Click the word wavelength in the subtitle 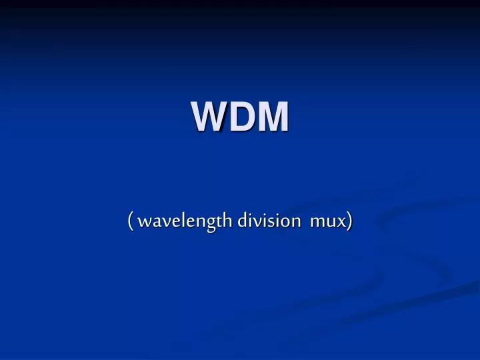(179, 221)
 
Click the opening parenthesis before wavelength (131, 221)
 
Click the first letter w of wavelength (144, 222)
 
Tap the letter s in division (267, 223)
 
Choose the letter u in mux (330, 223)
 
